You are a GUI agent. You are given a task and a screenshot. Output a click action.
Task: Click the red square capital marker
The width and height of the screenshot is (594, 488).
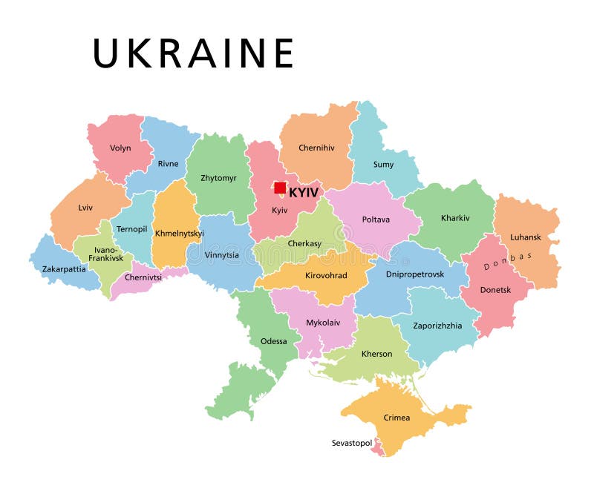[280, 188]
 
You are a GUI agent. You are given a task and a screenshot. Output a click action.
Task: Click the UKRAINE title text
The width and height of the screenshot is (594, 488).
[193, 53]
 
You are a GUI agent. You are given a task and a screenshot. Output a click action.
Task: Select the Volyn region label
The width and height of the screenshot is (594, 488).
[120, 148]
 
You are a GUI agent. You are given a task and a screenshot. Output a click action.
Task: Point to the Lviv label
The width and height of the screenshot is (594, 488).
[85, 208]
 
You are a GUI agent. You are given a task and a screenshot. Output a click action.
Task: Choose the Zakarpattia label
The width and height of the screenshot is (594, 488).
[64, 268]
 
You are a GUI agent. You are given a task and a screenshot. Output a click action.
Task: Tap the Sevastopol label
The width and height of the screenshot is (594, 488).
[351, 443]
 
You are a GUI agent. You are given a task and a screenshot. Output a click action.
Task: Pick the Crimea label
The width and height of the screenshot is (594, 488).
[396, 418]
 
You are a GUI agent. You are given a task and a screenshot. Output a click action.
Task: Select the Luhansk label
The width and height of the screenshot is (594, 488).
[525, 237]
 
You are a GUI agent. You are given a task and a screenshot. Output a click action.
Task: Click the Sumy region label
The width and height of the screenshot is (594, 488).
[383, 165]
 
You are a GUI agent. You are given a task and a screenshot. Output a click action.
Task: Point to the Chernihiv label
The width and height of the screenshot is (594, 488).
[316, 148]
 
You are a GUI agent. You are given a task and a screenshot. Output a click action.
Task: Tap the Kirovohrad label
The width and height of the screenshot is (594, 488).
[324, 275]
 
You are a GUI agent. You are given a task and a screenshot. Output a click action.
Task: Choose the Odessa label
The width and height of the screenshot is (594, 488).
[273, 341]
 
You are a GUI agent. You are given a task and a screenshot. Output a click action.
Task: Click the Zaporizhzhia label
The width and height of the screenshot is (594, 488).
[438, 325]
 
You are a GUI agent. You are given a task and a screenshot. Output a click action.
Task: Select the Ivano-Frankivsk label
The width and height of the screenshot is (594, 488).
[105, 254]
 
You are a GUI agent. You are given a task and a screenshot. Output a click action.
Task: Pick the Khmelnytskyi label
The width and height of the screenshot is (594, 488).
[179, 233]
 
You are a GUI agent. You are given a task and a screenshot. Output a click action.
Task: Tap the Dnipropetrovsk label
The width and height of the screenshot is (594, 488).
[415, 274]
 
